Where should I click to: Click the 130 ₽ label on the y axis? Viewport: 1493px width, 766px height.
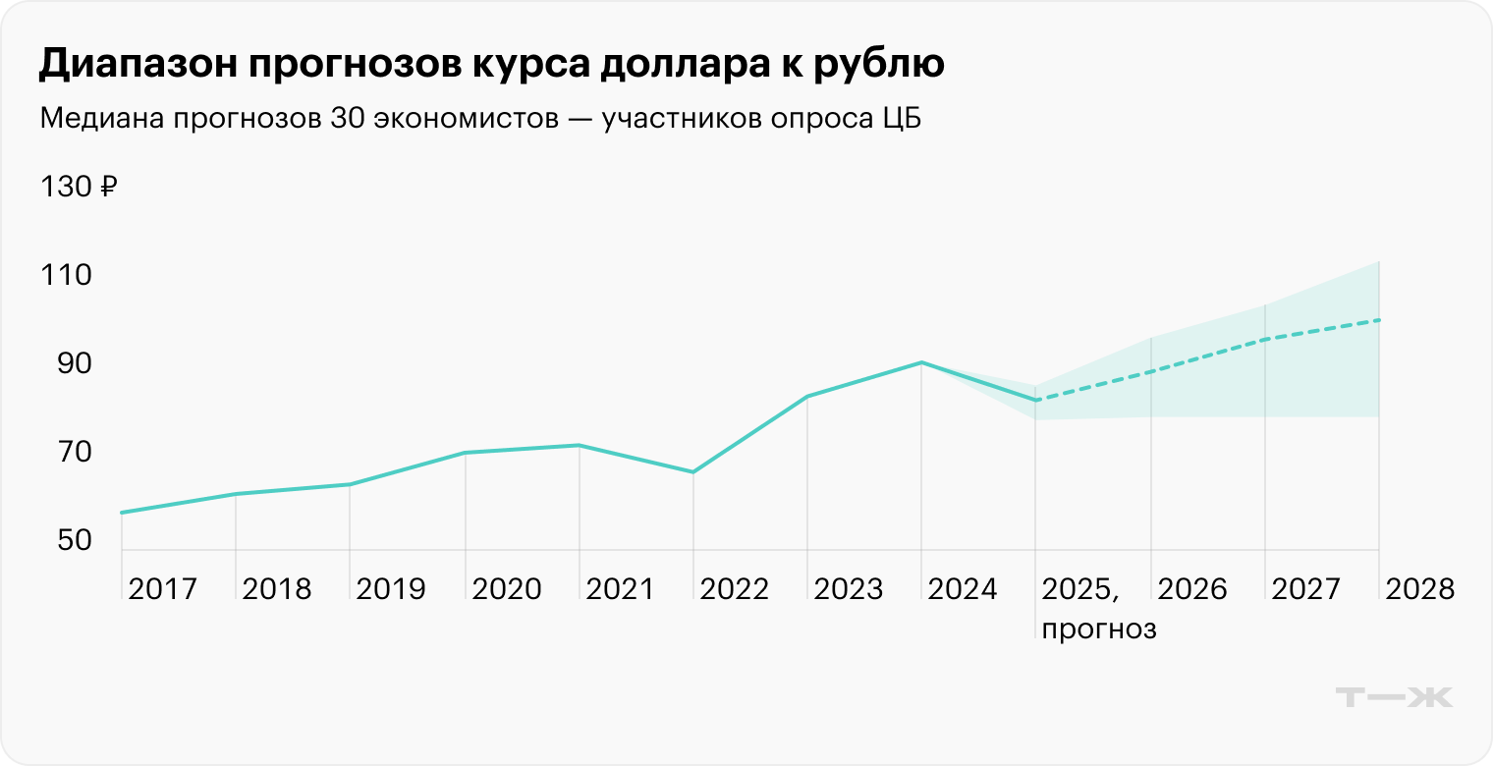pyautogui.click(x=79, y=186)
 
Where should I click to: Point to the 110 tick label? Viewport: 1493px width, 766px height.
pyautogui.click(x=66, y=275)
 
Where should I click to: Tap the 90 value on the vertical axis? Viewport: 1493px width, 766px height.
pyautogui.click(x=66, y=364)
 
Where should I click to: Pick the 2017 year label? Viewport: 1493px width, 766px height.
pyautogui.click(x=163, y=589)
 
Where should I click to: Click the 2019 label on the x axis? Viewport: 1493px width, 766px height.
pyautogui.click(x=391, y=589)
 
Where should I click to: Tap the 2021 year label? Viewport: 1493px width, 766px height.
pyautogui.click(x=620, y=589)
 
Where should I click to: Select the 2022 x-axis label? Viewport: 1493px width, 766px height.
pyautogui.click(x=735, y=589)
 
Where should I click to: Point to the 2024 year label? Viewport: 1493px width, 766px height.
pyautogui.click(x=963, y=589)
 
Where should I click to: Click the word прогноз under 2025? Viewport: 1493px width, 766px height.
pyautogui.click(x=1098, y=629)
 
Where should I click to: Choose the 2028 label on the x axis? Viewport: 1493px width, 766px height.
pyautogui.click(x=1419, y=589)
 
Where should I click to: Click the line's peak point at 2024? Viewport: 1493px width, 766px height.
pyautogui.click(x=921, y=362)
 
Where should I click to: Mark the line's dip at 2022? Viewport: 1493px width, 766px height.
pyautogui.click(x=693, y=472)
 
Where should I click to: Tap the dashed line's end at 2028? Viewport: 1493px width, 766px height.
pyautogui.click(x=1379, y=320)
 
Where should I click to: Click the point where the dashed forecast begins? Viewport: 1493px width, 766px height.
pyautogui.click(x=1035, y=400)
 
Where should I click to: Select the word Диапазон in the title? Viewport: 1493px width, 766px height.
pyautogui.click(x=128, y=64)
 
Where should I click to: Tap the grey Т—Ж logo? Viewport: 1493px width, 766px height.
pyautogui.click(x=1395, y=696)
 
